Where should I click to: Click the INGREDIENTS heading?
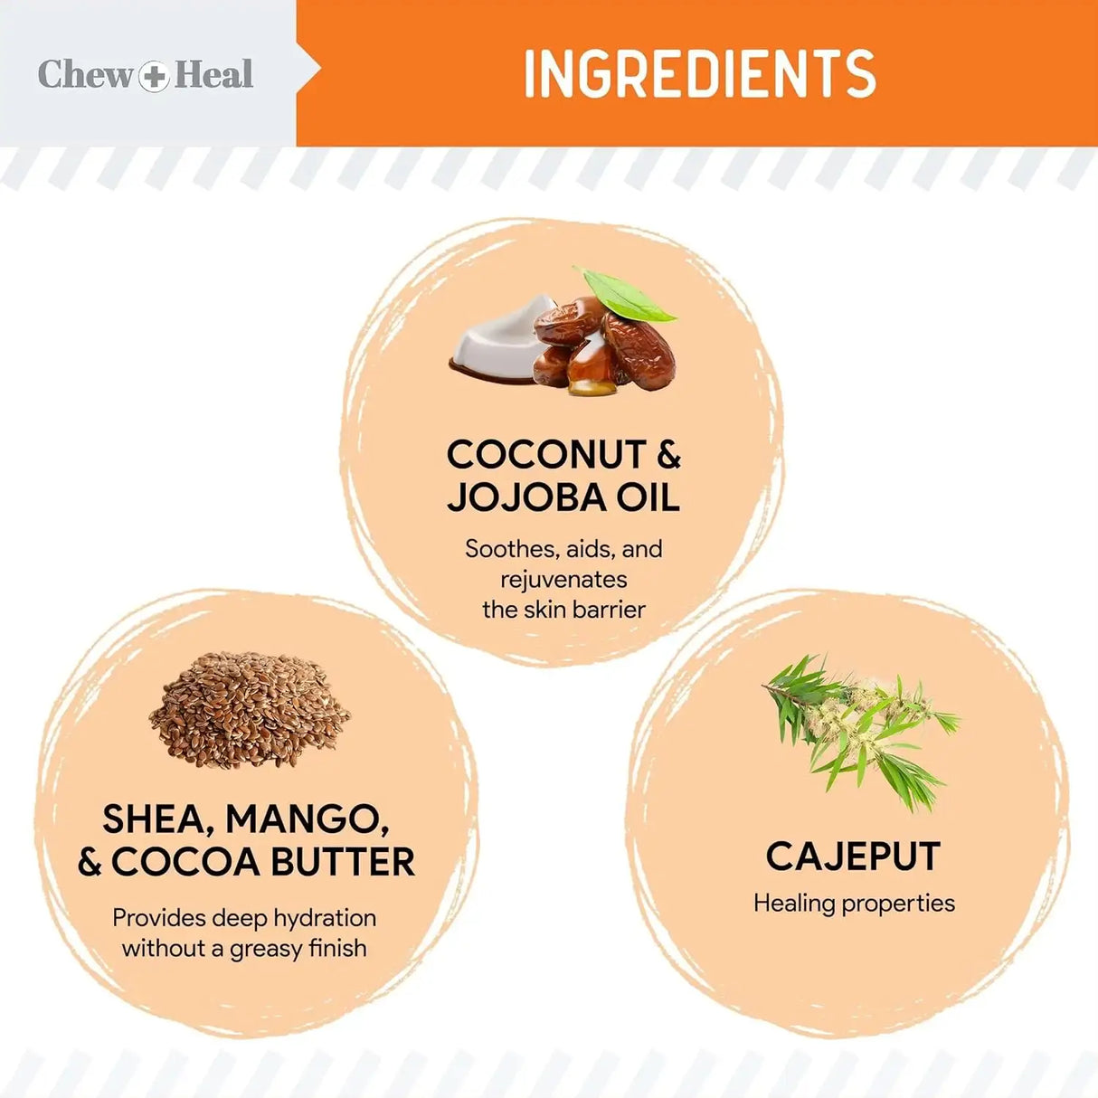click(699, 73)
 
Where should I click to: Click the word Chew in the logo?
click(85, 75)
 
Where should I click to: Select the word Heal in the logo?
click(213, 75)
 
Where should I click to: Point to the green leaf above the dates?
click(624, 295)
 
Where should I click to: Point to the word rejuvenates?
click(563, 580)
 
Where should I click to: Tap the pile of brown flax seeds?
click(249, 709)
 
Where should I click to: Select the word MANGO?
click(308, 820)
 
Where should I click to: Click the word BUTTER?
click(343, 863)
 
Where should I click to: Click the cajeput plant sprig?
click(860, 732)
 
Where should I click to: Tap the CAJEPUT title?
click(853, 857)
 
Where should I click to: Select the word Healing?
click(794, 904)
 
